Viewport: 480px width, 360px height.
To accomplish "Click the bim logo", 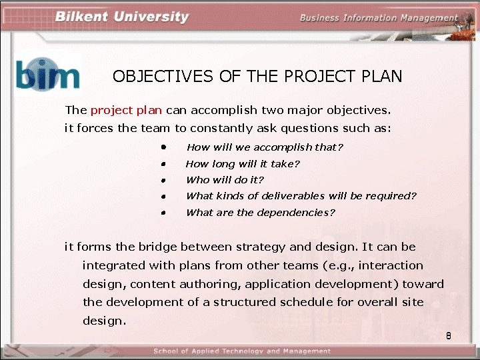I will tap(47, 74).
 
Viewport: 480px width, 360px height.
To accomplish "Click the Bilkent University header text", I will tap(122, 17).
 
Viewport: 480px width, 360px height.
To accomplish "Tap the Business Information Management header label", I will tap(379, 18).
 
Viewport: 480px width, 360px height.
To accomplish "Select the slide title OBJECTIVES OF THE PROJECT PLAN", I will tap(257, 76).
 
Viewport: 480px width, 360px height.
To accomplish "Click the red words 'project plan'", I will tap(126, 110).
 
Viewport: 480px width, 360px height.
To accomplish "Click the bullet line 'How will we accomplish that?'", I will tap(265, 147).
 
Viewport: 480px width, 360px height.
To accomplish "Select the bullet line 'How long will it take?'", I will tap(243, 163).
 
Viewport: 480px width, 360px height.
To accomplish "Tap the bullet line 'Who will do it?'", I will tap(225, 180).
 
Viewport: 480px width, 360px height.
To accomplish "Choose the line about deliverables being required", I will tap(301, 196).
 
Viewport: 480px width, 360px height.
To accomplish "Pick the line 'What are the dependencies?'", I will tap(260, 213).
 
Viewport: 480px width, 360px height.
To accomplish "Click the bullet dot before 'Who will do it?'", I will tap(163, 180).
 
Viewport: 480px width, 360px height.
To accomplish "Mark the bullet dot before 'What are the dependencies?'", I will tap(163, 213).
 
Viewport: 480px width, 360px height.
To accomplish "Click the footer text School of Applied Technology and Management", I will tap(241, 351).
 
